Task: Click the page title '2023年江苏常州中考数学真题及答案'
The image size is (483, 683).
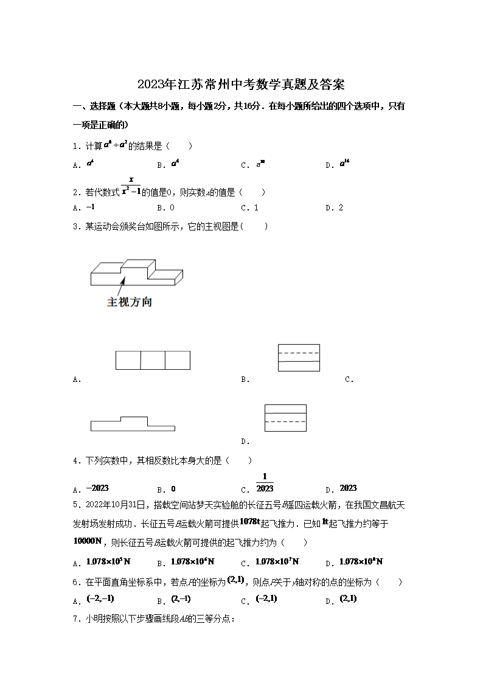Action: click(x=241, y=84)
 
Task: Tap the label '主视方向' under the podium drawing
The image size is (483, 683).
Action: click(x=130, y=302)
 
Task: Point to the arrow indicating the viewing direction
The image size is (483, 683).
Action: click(x=119, y=286)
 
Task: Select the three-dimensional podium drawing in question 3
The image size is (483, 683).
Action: click(x=136, y=272)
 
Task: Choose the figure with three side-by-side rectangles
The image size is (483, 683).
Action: click(x=153, y=360)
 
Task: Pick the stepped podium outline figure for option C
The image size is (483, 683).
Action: click(x=133, y=423)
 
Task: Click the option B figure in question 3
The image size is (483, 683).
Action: click(x=299, y=358)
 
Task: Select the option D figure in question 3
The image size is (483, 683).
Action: click(x=285, y=418)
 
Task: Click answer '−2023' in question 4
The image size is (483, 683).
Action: click(x=97, y=488)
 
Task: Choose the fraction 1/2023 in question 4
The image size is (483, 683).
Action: click(x=265, y=483)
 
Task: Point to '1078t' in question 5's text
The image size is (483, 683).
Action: click(x=250, y=521)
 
